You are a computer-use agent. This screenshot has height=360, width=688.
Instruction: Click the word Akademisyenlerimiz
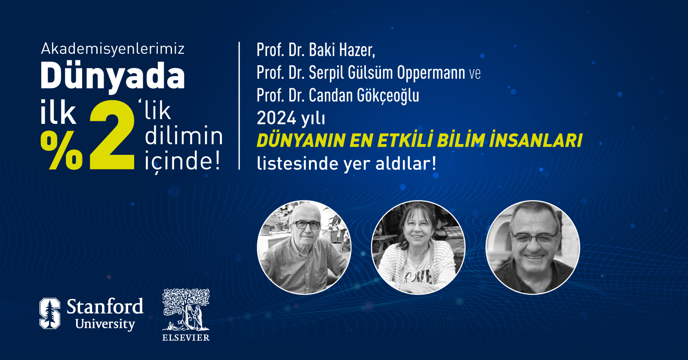point(113,49)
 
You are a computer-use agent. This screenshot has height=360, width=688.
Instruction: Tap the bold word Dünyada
point(113,76)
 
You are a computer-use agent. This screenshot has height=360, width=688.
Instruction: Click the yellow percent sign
point(61,151)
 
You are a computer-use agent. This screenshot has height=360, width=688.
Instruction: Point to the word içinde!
point(183,161)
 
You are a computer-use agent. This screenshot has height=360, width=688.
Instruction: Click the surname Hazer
point(357,50)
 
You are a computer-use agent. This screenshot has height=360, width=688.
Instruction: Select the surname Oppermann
point(431,73)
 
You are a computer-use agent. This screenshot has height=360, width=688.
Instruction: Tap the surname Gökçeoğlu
point(388,95)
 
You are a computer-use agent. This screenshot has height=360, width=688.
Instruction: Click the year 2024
point(276,118)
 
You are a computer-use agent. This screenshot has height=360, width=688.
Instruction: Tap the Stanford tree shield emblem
point(50,313)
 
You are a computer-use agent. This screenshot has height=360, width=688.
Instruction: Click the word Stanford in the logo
point(105,307)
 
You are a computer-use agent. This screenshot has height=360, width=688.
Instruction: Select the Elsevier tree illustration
point(186,309)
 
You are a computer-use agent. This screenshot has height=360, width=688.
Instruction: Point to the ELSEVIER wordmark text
point(186,338)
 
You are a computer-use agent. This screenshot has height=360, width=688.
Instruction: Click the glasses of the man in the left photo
point(307,225)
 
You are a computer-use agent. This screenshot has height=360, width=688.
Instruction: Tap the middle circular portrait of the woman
point(418,247)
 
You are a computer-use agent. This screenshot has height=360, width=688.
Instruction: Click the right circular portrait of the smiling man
point(533,247)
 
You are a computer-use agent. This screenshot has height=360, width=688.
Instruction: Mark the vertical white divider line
point(239,106)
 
